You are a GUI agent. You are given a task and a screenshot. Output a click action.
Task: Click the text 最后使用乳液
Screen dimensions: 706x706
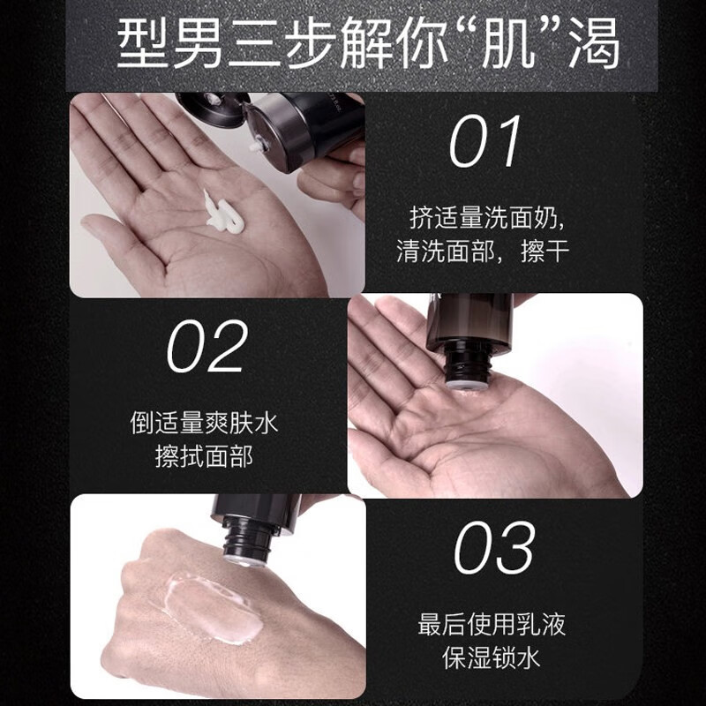[x=492, y=625]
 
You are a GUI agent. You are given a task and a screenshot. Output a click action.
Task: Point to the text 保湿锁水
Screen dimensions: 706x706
[x=492, y=659]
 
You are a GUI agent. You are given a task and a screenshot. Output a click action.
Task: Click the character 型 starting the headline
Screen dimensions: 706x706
[x=143, y=45]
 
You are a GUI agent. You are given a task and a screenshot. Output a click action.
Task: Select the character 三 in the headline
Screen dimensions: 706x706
[x=270, y=45]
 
